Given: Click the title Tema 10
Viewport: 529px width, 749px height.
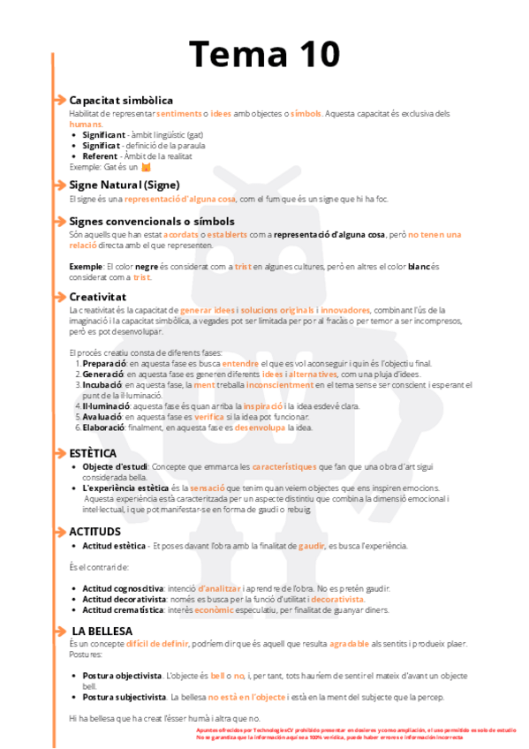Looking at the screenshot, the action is click(x=264, y=54).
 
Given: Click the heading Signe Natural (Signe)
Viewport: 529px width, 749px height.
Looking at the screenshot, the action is click(x=125, y=185).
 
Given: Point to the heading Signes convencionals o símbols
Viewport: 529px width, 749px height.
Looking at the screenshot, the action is click(x=152, y=221).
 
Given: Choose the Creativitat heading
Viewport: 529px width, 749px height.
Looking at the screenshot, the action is click(x=98, y=296).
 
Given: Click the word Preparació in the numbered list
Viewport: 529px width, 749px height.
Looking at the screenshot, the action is click(x=104, y=363).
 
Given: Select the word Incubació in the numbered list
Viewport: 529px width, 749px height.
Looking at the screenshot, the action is click(x=102, y=385).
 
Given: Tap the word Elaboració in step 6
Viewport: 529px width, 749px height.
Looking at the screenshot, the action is click(x=103, y=427).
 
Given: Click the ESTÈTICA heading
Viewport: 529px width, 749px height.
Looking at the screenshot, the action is click(x=93, y=452).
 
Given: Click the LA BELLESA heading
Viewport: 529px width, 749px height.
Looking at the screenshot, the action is click(x=102, y=631).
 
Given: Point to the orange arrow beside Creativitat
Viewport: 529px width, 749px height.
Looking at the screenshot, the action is click(x=60, y=296).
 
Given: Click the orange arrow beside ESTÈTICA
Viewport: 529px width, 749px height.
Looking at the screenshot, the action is click(x=60, y=452).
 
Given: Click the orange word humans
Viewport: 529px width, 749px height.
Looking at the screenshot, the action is click(x=86, y=124).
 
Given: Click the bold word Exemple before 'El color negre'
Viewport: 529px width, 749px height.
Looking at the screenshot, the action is click(x=85, y=266).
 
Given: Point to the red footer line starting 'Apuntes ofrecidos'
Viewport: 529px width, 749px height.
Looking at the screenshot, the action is click(x=353, y=730).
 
